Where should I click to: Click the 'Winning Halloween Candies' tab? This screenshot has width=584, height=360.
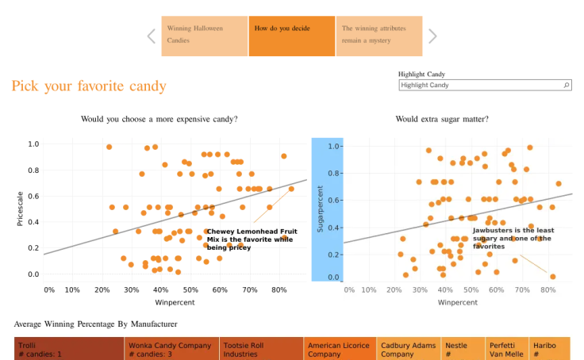pos(205,36)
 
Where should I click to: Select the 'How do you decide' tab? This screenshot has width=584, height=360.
pos(292,36)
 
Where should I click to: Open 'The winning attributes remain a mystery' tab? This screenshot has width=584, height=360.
pos(379,36)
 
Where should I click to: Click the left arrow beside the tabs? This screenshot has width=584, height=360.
pos(152,36)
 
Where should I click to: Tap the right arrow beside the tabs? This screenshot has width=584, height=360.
pos(432,36)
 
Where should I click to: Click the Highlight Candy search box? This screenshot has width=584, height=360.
pos(485,86)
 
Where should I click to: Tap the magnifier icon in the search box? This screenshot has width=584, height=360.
pos(566,86)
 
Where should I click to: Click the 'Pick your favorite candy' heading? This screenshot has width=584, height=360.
pos(89,86)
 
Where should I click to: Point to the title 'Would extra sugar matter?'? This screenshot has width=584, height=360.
pos(442,119)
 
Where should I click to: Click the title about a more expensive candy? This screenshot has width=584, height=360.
pos(159,119)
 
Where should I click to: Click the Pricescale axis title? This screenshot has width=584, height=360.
pos(20,209)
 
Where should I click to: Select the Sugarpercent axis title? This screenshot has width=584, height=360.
pos(320,209)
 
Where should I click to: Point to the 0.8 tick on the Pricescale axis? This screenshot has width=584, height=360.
pos(33,170)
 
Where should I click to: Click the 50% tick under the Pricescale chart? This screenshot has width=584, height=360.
pos(190,290)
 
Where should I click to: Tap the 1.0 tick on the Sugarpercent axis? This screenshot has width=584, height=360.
pos(333,147)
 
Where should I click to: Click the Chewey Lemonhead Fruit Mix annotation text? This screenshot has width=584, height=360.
pos(252,239)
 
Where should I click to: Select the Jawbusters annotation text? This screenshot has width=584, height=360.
pos(513,238)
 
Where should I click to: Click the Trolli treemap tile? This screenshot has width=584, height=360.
pos(69,348)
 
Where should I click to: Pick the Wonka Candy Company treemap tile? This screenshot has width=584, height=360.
pos(171,348)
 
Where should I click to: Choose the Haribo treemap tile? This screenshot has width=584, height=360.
pos(550,348)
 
